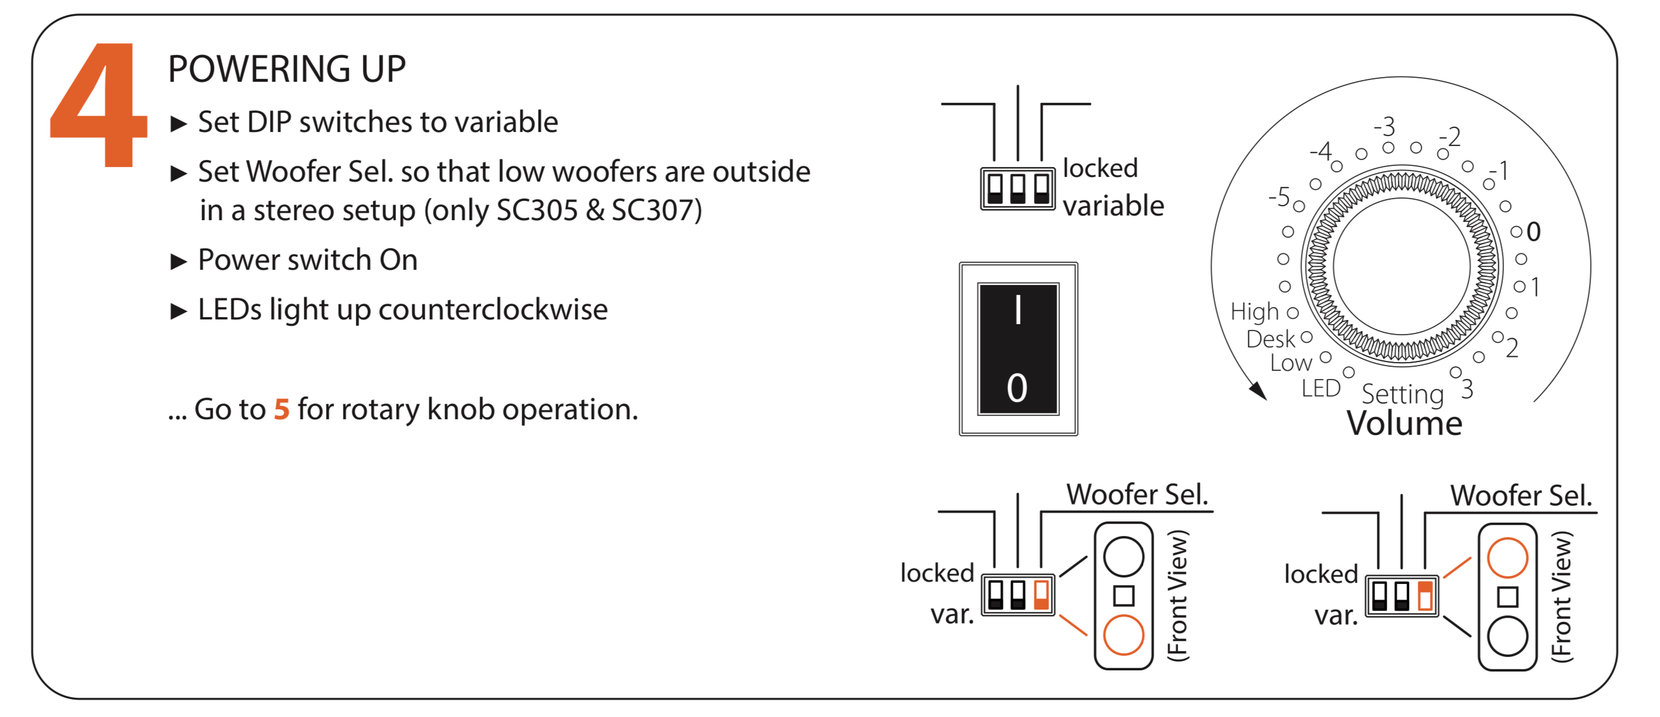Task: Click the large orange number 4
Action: [100, 106]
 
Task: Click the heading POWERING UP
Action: [287, 69]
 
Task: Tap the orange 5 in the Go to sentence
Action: [282, 410]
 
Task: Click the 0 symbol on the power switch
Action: [1017, 388]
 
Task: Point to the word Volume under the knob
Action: [1404, 424]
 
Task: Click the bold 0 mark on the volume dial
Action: [1534, 232]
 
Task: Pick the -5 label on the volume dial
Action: [1279, 196]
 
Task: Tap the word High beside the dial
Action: [1254, 312]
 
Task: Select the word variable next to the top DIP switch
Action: [1113, 206]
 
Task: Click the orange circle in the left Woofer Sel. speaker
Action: [1123, 635]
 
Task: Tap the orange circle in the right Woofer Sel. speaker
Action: [1508, 557]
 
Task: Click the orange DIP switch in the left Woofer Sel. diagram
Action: [1041, 594]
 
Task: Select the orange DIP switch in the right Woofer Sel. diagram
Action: [1425, 595]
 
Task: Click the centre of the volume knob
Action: [1402, 266]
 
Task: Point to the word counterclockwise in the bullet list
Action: [493, 310]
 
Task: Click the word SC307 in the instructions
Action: [655, 211]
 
